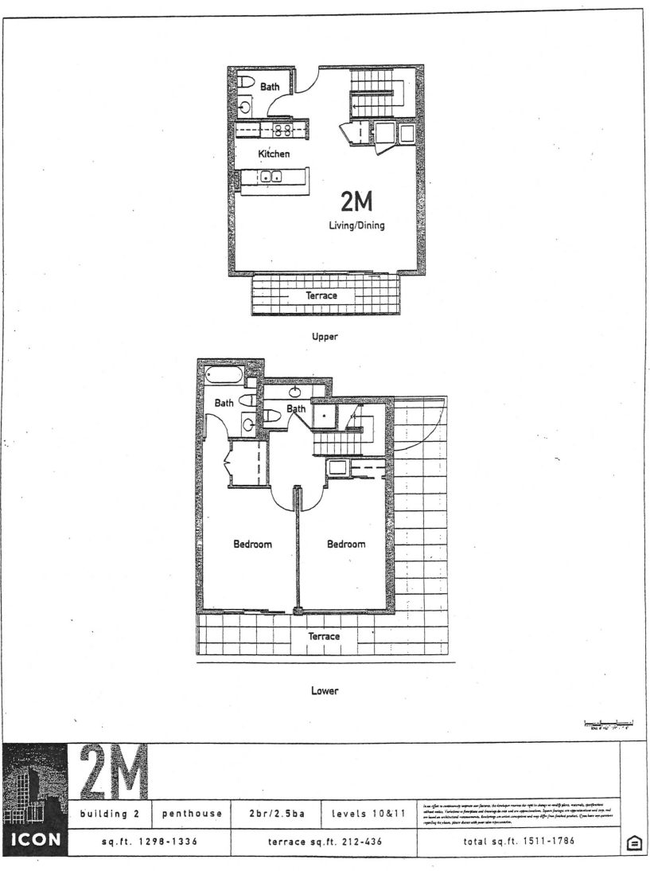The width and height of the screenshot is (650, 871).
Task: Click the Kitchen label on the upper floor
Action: click(x=272, y=154)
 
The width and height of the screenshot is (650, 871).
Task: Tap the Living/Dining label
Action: click(x=357, y=225)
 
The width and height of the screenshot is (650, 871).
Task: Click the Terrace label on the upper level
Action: click(x=322, y=295)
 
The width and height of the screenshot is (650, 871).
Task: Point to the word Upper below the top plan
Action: click(x=325, y=336)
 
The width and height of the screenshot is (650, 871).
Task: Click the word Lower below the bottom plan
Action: click(x=325, y=690)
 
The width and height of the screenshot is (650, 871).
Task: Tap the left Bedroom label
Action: click(x=253, y=545)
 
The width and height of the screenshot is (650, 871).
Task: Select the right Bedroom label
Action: click(x=346, y=545)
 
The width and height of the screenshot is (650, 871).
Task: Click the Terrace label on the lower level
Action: click(x=324, y=637)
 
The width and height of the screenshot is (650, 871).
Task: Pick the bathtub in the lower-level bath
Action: click(x=224, y=375)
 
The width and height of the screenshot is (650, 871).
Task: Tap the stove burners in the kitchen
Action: click(x=282, y=131)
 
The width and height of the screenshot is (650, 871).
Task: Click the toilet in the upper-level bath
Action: click(x=246, y=84)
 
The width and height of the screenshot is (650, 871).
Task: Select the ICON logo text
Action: click(x=36, y=839)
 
